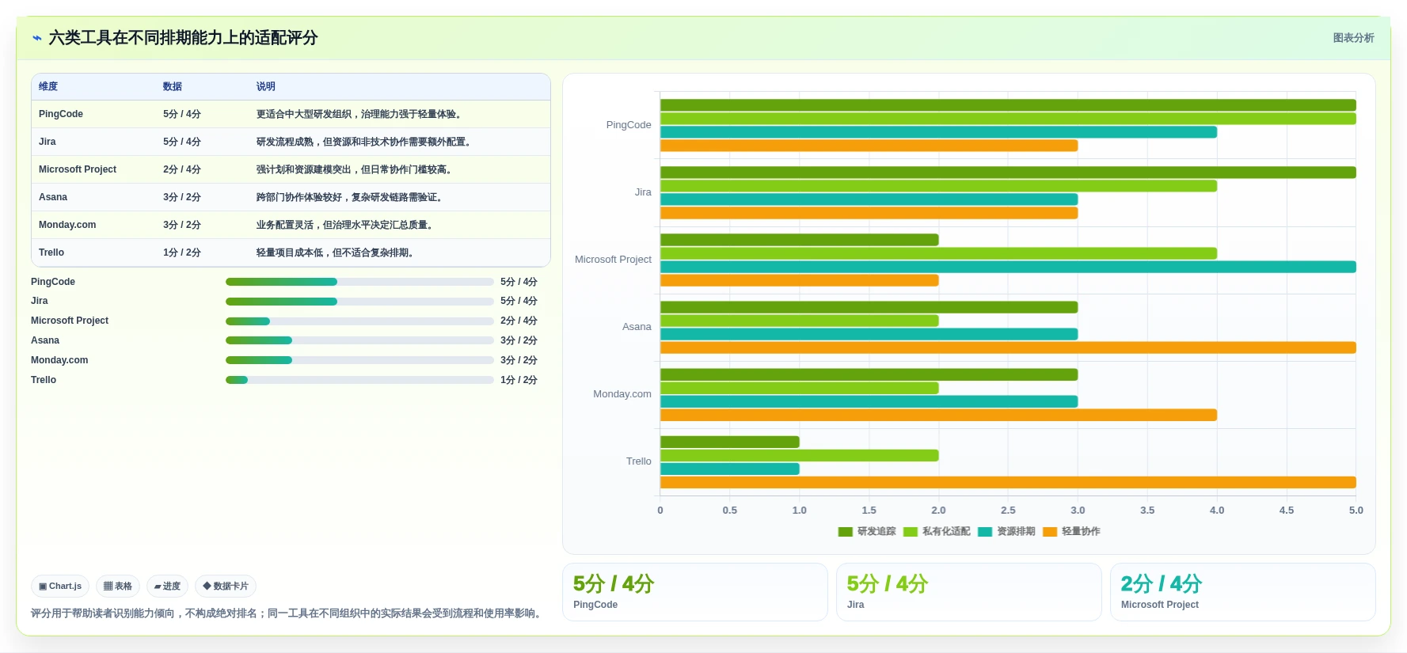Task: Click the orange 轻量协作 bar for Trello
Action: (1008, 482)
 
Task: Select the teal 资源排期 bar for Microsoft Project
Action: (1008, 267)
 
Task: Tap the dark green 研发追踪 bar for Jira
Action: (1008, 172)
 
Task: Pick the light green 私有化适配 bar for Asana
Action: (800, 321)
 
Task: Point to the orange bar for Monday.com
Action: (938, 415)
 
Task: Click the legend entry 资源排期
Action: (1006, 531)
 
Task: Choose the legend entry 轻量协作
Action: (1071, 531)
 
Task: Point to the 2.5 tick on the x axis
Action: (1008, 511)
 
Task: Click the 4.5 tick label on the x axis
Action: (1287, 511)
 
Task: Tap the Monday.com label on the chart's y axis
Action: (622, 394)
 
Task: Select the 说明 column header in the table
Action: (266, 86)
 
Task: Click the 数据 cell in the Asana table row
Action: (182, 197)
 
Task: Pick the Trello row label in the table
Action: (51, 252)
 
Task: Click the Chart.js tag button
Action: (60, 586)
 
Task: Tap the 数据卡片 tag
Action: (226, 586)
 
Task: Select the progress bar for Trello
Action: (359, 380)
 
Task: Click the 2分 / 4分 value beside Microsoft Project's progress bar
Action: (519, 321)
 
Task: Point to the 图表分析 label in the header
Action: (1354, 38)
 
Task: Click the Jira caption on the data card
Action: (856, 605)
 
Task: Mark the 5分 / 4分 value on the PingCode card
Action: (614, 584)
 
